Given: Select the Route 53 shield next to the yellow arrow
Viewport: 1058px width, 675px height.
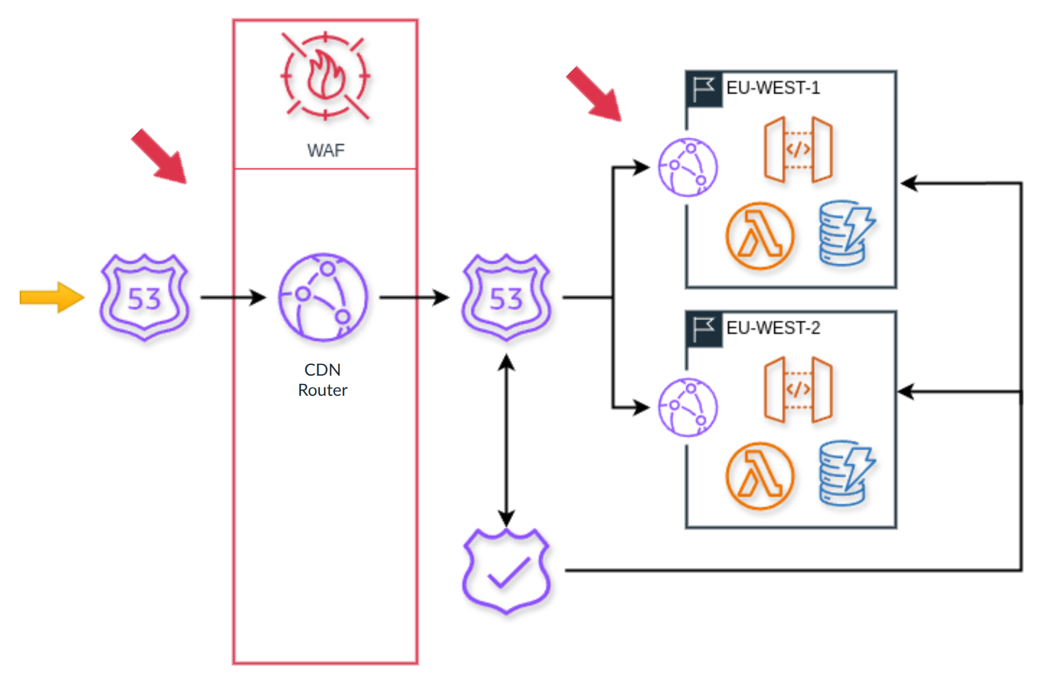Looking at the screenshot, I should [x=145, y=298].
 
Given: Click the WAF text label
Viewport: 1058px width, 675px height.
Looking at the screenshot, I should [x=326, y=150].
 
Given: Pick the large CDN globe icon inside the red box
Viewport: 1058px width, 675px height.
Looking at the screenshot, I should [x=323, y=298].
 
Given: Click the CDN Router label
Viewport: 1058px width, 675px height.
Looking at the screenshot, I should [x=323, y=380].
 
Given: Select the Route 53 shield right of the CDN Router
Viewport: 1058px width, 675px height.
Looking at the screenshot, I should [x=507, y=298].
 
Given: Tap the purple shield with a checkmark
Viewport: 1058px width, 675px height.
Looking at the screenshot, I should [x=507, y=571].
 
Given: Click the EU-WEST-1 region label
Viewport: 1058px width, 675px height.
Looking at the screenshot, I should [x=773, y=88].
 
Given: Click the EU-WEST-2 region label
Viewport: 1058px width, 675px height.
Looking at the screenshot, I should [x=773, y=328].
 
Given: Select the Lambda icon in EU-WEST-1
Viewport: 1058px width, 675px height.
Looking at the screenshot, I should [x=760, y=236].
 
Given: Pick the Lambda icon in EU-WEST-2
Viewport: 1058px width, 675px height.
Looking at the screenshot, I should [x=760, y=476].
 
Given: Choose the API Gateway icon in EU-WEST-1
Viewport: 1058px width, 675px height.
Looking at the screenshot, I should [x=798, y=150].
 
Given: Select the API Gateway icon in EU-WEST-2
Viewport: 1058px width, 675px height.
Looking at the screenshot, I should [x=798, y=389].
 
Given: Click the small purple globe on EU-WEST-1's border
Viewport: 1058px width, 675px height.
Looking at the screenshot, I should [x=688, y=167].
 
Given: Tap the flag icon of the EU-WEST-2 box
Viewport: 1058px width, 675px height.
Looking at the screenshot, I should [x=704, y=328].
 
